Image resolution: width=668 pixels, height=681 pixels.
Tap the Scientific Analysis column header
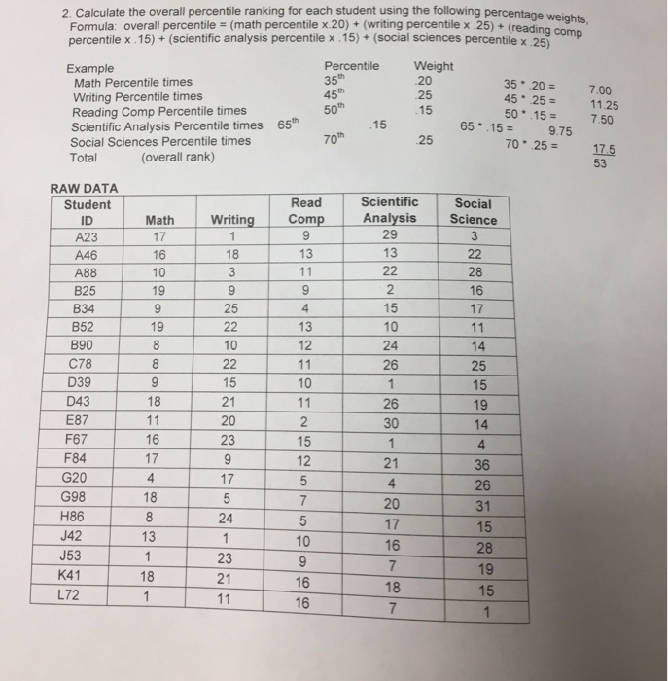390,211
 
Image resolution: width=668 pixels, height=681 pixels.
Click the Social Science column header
473,212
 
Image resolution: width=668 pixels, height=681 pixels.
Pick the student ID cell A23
88,236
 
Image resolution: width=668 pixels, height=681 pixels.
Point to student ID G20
86,478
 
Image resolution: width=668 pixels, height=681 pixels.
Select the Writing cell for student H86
225,517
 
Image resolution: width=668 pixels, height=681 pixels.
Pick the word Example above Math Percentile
89,69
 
